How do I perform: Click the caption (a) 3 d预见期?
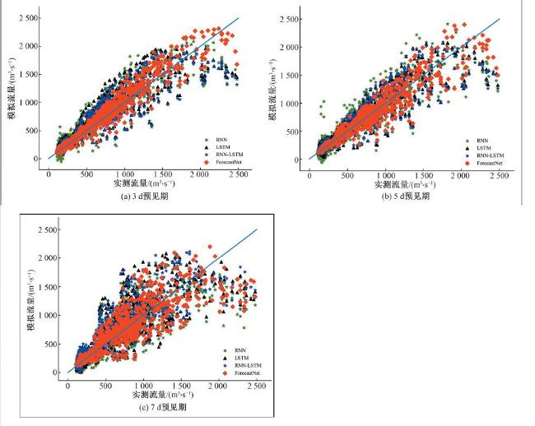[x=124, y=197]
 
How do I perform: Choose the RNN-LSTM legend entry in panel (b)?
[x=487, y=155]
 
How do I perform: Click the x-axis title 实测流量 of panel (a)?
[x=124, y=184]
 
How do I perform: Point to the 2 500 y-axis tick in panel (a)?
[x=28, y=18]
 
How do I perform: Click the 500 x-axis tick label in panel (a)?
[x=86, y=174]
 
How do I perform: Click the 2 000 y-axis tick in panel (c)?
[x=48, y=258]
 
